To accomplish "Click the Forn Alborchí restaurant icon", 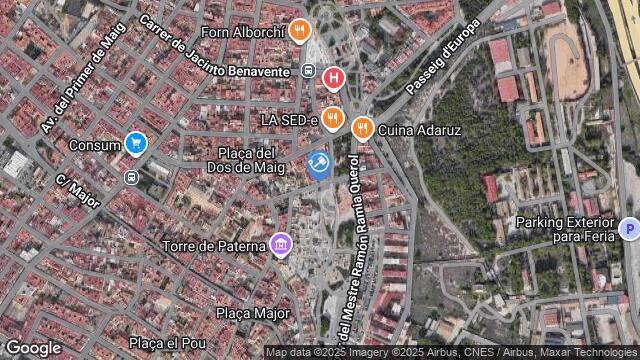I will pos(298,30).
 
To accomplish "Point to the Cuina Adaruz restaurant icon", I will pos(361,128).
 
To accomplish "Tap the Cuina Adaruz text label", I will pos(420,130).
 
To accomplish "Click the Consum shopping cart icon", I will pos(136,144).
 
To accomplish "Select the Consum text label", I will pos(96,145).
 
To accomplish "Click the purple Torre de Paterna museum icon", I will pos(281,244).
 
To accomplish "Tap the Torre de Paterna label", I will pos(214,244).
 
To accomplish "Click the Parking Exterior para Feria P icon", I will pos(629,229).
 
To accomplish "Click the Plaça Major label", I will pos(253,313).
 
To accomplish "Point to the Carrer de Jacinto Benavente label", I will pos(215,47).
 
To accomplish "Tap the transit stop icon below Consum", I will pos(130,177).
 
